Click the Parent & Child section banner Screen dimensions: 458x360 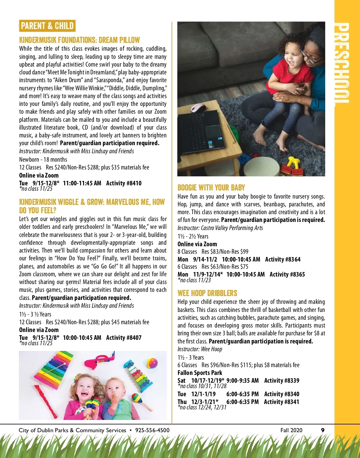click(x=47, y=26)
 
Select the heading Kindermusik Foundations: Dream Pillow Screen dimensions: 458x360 click(x=79, y=40)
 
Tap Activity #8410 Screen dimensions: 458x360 click(x=124, y=183)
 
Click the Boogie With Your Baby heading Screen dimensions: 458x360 click(x=211, y=188)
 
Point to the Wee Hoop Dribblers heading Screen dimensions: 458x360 click(x=207, y=293)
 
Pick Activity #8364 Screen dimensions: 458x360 click(x=283, y=259)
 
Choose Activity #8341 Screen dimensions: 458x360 click(x=281, y=402)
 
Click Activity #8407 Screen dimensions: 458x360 click(x=124, y=337)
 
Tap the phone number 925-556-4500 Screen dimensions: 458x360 click(x=152, y=430)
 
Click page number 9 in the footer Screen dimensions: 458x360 click(x=323, y=430)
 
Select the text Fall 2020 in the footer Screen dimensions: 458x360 click(x=291, y=430)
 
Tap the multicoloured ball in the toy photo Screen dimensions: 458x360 click(x=152, y=363)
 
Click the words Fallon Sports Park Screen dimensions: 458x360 click(x=200, y=373)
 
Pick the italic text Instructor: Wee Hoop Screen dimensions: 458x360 click(x=200, y=349)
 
